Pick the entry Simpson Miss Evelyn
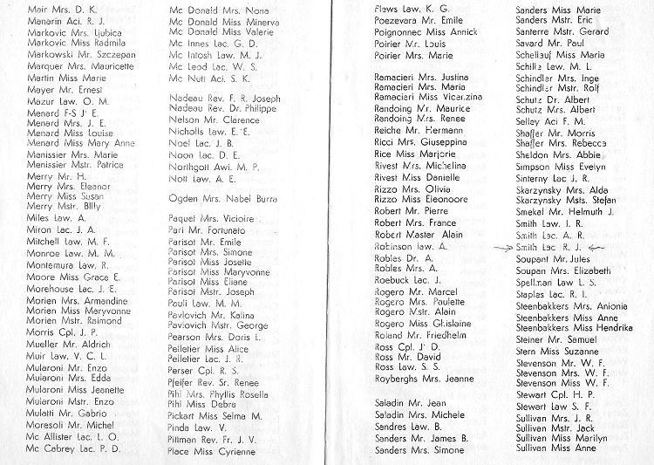[560, 168]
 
